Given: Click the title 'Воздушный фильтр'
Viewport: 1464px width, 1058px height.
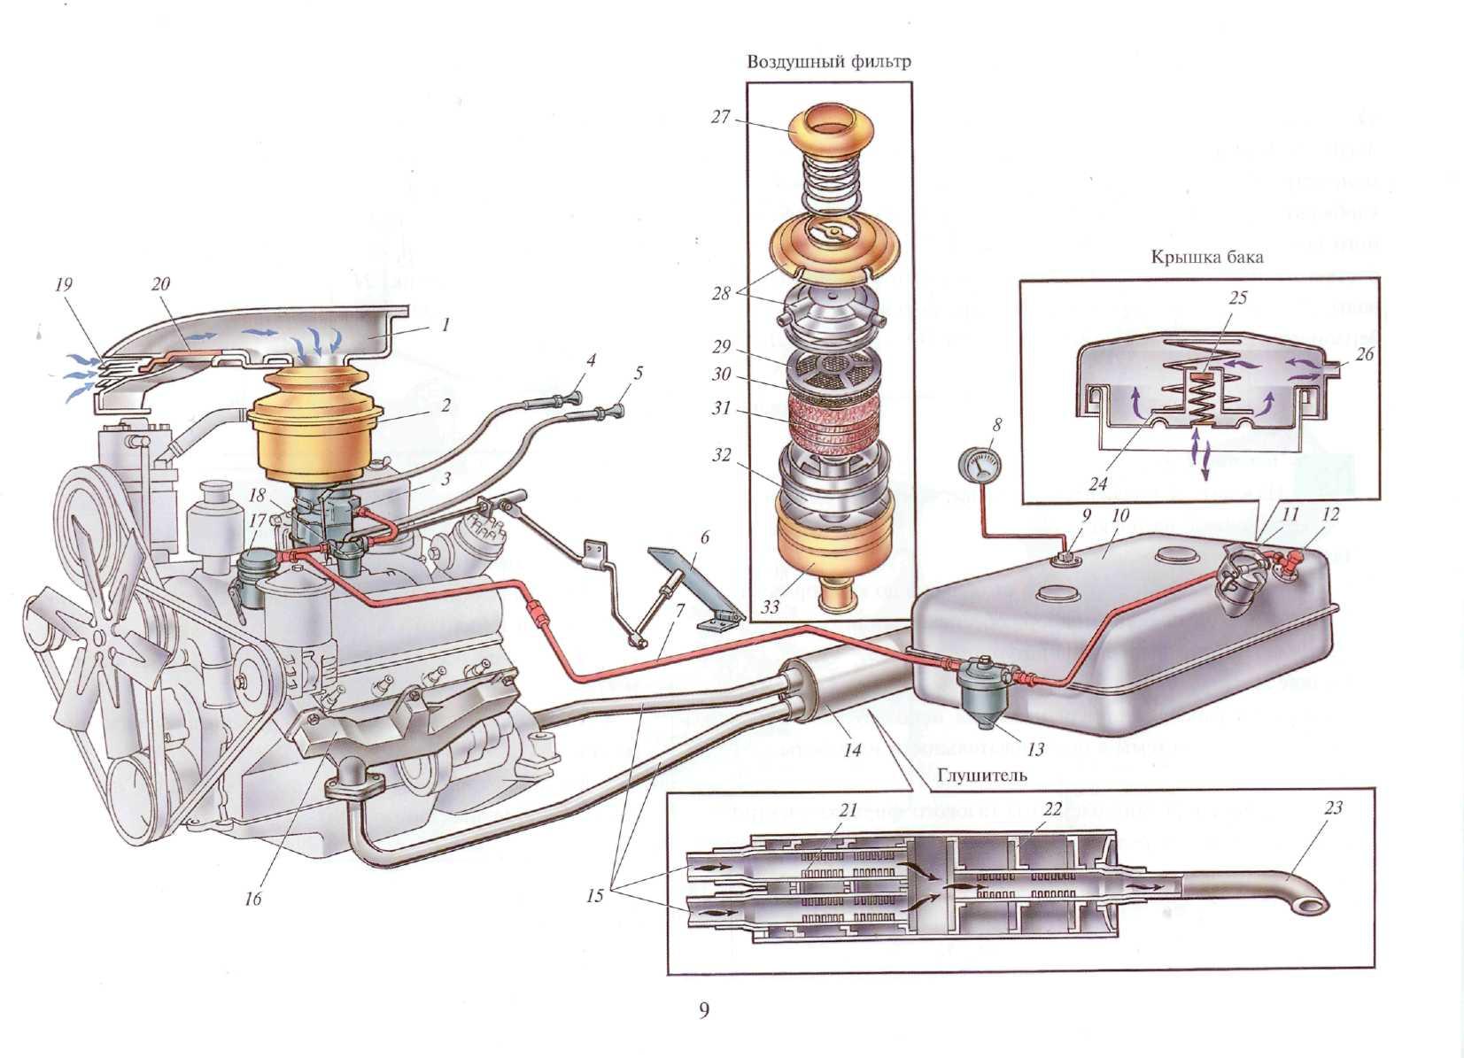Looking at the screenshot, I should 828,62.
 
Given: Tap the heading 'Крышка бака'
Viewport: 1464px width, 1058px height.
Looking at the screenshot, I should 1206,258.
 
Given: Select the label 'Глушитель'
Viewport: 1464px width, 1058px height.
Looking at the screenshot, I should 980,776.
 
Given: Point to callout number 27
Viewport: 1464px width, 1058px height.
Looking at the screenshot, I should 720,116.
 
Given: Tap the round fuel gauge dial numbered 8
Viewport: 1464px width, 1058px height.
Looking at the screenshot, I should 980,464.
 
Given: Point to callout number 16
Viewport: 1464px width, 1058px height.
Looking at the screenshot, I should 253,900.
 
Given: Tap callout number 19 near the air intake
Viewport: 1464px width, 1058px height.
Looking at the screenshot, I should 63,285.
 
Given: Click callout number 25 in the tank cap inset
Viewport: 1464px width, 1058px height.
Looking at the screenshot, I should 1237,297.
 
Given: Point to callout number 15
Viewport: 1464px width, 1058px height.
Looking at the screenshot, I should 594,895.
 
